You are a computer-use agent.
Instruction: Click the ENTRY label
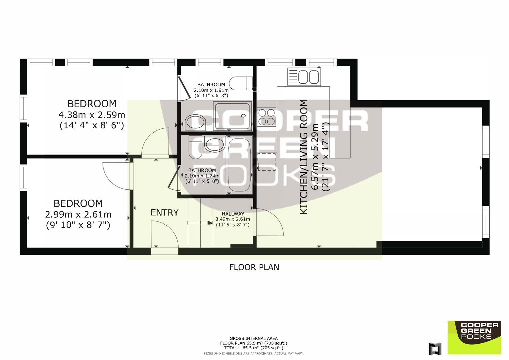pyautogui.click(x=165, y=213)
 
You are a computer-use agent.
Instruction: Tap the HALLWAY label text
pyautogui.click(x=233, y=214)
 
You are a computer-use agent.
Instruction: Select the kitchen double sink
pyautogui.click(x=304, y=77)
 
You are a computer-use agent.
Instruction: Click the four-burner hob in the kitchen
pyautogui.click(x=267, y=117)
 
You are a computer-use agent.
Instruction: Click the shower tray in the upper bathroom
pyautogui.click(x=232, y=116)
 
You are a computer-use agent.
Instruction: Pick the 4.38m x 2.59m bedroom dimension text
pyautogui.click(x=92, y=115)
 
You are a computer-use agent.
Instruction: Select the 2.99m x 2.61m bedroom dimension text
pyautogui.click(x=78, y=214)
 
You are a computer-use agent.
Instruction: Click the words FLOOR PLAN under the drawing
pyautogui.click(x=254, y=267)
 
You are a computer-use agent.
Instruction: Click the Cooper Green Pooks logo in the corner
pyautogui.click(x=474, y=337)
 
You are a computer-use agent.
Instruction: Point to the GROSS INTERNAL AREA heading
pyautogui.click(x=254, y=338)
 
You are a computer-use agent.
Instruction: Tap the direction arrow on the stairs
pyautogui.click(x=200, y=223)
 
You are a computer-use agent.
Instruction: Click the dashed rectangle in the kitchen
pyautogui.click(x=267, y=162)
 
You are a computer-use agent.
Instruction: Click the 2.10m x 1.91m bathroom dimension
pyautogui.click(x=211, y=90)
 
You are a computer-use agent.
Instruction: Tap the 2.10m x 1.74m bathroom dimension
pyautogui.click(x=202, y=176)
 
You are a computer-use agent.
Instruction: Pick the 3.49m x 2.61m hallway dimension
pyautogui.click(x=233, y=219)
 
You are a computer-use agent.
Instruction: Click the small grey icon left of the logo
pyautogui.click(x=435, y=349)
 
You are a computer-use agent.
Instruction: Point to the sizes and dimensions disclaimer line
pyautogui.click(x=254, y=354)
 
